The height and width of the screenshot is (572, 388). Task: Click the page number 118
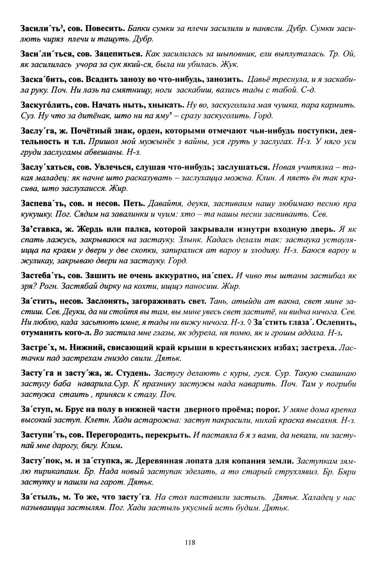click(190, 542)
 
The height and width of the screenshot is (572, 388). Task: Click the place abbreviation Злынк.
click(189, 239)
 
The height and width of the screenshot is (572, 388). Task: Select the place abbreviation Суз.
click(27, 115)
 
